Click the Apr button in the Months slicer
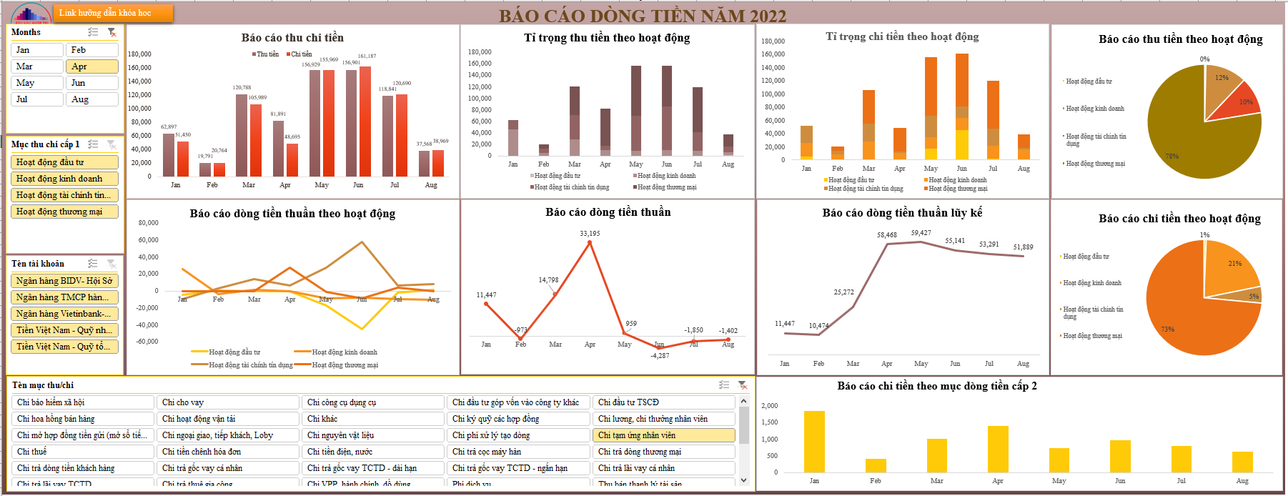[92, 66]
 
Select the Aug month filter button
[92, 99]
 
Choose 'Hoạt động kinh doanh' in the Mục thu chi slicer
[64, 179]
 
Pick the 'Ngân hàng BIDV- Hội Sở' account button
[64, 281]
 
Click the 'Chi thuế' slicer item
[82, 452]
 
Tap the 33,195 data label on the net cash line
[590, 234]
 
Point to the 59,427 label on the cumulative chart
[921, 233]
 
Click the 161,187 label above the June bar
[367, 56]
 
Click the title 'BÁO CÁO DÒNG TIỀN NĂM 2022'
[642, 16]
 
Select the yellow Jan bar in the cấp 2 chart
[814, 441]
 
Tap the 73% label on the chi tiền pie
[1167, 329]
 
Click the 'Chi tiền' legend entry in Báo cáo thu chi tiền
[299, 54]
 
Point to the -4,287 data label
[660, 355]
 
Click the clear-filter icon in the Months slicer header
[112, 32]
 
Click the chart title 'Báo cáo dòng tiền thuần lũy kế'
[902, 212]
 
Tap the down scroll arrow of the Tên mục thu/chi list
[744, 480]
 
